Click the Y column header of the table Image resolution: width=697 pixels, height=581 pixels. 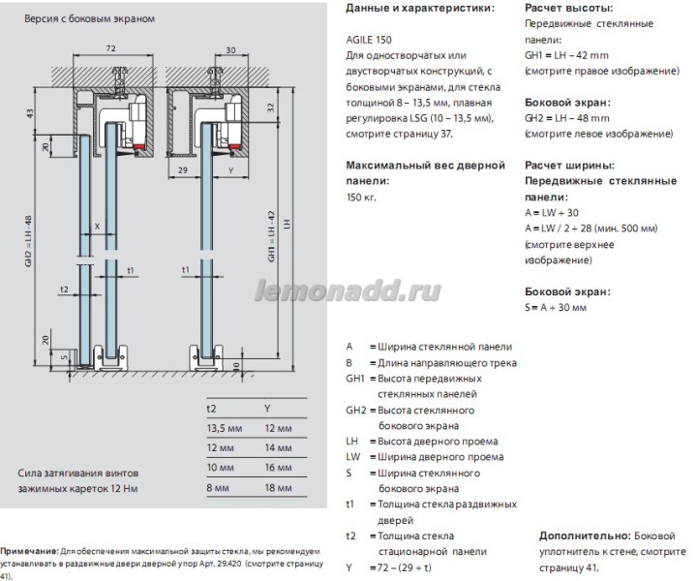point(268,408)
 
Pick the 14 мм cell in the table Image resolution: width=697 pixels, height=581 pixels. point(278,448)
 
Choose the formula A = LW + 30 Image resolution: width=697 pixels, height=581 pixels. point(553,212)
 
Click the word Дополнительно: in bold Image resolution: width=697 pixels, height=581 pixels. point(579,535)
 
